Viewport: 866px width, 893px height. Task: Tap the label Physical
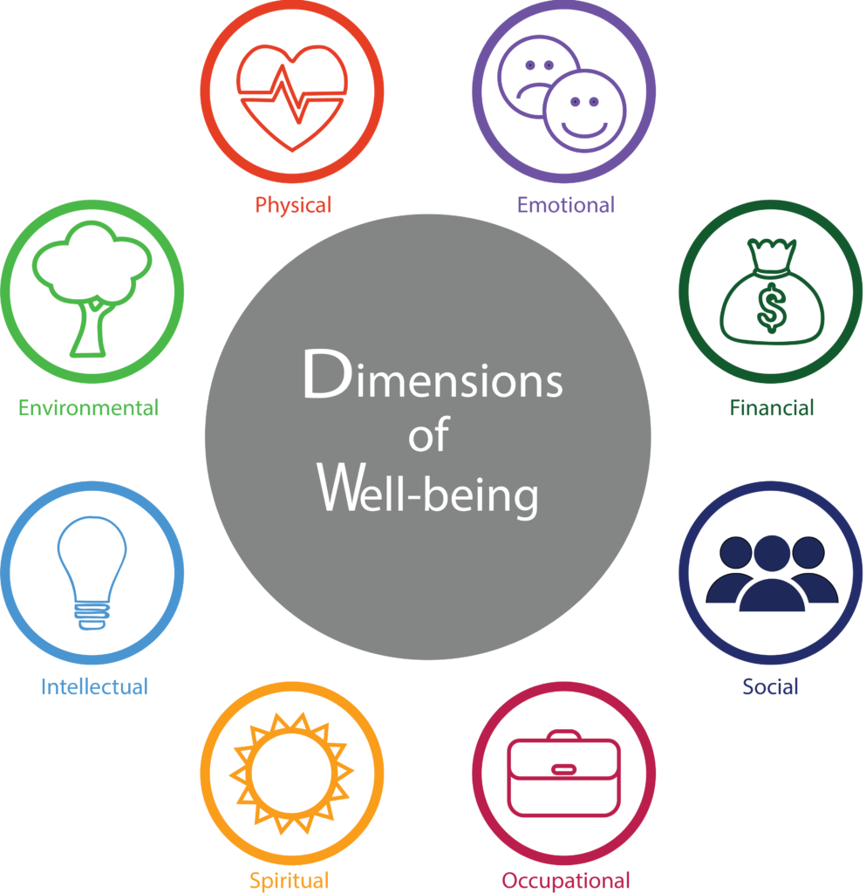pos(293,206)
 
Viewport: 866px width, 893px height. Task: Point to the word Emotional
pos(566,206)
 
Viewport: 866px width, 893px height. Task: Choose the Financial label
pos(772,407)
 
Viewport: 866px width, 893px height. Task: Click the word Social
pos(771,687)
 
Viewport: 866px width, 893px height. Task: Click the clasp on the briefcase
pos(563,769)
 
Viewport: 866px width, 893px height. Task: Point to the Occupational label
pos(566,880)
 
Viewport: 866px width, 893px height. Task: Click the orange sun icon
pos(292,772)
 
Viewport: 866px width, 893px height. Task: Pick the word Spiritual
pos(290,880)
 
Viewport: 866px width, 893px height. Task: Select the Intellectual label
pos(94,687)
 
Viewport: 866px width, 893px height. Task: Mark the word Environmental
pos(89,407)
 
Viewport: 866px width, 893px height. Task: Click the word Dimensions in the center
pos(433,376)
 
